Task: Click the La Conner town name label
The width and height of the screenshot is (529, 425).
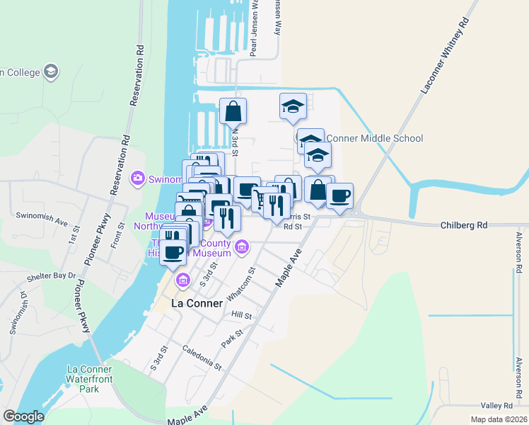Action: [x=197, y=303]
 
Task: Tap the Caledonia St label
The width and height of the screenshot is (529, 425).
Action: [x=202, y=358]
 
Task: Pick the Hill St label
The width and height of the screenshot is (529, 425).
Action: [x=241, y=314]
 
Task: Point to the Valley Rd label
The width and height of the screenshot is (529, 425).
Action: [x=496, y=406]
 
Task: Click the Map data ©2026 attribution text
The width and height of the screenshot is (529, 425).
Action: [x=499, y=419]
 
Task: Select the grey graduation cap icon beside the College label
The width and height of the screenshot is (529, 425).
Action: [x=51, y=72]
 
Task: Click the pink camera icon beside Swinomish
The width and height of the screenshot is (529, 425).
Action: [x=138, y=178]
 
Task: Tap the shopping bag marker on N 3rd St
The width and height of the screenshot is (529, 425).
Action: [x=233, y=111]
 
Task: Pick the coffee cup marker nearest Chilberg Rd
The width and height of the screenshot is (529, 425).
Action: [x=339, y=195]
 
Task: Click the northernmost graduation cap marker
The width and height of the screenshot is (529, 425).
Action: [x=293, y=106]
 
